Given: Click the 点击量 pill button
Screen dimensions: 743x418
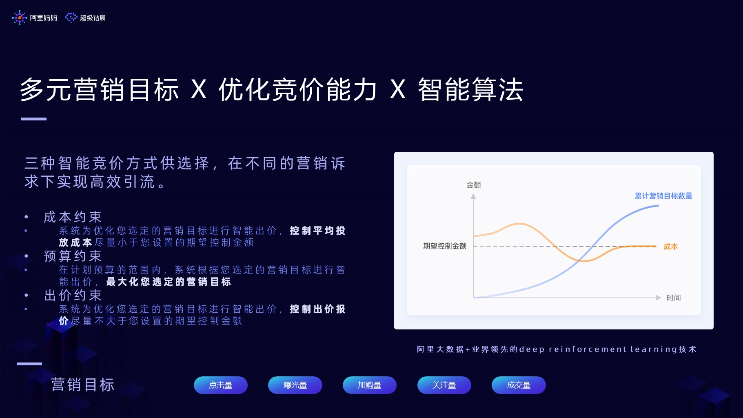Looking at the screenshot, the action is (x=220, y=385).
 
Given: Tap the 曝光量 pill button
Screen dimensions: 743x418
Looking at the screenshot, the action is (x=295, y=385).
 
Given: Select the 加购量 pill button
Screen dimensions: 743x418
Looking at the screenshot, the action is (x=369, y=385).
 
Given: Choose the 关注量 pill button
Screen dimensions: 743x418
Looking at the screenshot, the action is (x=444, y=385).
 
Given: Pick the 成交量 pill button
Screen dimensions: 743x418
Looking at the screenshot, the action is (x=519, y=385).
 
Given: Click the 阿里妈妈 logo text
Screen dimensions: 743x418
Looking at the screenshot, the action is (x=43, y=18).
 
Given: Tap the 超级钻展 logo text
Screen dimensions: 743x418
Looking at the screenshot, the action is (x=93, y=18).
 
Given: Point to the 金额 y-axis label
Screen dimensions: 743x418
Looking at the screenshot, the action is (x=474, y=185).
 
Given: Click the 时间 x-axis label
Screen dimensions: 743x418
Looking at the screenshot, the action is (x=674, y=298).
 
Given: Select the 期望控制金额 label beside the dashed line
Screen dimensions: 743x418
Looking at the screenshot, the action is (x=444, y=246).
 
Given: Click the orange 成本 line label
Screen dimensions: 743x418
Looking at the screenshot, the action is (x=670, y=247).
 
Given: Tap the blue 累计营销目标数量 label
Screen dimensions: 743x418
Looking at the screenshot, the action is (x=663, y=196).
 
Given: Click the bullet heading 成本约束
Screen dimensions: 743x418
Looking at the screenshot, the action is (x=73, y=217).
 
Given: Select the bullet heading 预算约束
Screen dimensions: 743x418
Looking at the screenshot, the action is (x=73, y=256).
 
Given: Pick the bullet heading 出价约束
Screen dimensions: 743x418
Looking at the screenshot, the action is (x=73, y=295).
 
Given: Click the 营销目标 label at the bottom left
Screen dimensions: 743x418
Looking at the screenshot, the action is (x=82, y=385).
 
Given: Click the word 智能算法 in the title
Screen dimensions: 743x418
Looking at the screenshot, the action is (x=470, y=89).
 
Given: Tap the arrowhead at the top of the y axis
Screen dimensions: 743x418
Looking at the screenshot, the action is (x=473, y=196).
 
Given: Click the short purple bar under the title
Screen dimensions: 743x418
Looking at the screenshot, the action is (x=34, y=119).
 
